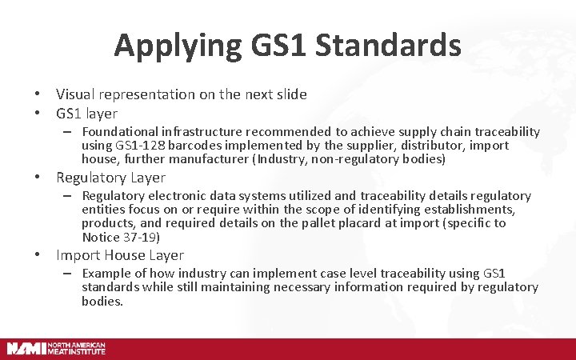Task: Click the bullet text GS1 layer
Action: tap(86, 114)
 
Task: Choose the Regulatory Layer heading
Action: tap(110, 178)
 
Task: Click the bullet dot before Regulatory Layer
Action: tap(38, 178)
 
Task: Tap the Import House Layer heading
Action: tap(120, 255)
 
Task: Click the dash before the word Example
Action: tap(70, 274)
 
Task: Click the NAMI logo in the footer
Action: tap(26, 348)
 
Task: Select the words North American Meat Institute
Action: tap(77, 348)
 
